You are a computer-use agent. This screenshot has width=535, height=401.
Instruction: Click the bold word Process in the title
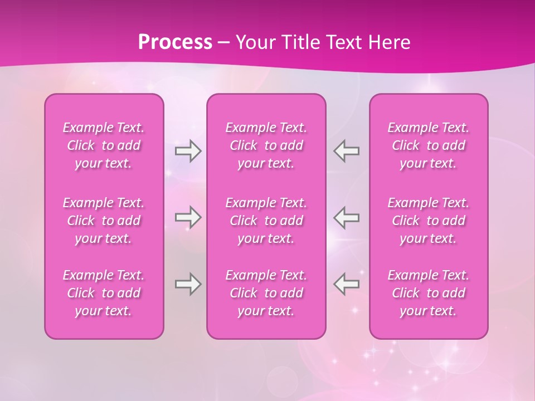click(175, 42)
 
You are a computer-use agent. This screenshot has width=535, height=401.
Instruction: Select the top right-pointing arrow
click(188, 151)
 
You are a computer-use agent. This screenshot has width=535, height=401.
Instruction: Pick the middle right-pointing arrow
click(188, 217)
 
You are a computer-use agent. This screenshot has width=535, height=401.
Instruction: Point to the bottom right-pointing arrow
click(188, 284)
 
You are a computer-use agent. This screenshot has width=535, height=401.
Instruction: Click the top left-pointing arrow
click(347, 151)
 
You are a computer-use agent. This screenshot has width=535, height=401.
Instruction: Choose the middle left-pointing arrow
click(347, 217)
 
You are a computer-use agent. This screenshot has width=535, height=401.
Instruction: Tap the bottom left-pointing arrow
click(347, 284)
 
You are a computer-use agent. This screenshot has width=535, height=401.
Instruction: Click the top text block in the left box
click(104, 145)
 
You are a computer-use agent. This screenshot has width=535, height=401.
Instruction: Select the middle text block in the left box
click(104, 221)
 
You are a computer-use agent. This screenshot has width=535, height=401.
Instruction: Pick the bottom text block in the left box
click(104, 293)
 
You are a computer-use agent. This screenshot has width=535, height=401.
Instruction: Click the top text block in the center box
click(266, 145)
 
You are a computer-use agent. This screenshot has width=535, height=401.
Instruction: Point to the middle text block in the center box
click(266, 221)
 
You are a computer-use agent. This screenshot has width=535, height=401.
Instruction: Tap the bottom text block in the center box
click(266, 293)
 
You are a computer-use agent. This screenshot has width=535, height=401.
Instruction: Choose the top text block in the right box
click(429, 145)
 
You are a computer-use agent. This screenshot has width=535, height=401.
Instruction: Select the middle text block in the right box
click(429, 221)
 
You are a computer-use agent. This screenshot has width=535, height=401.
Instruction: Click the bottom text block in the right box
click(429, 293)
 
